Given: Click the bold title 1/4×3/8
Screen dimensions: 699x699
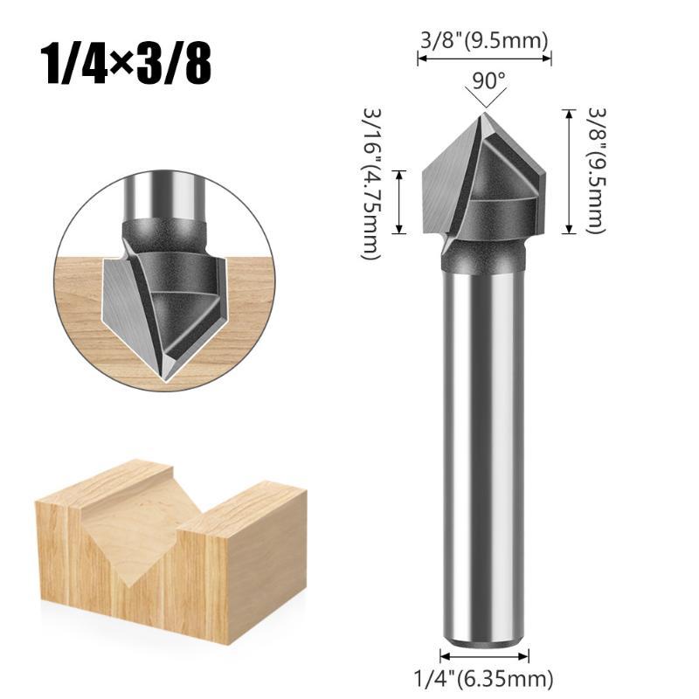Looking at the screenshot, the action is pos(126,64).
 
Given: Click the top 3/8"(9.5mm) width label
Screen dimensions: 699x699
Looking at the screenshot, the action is pos(484,40).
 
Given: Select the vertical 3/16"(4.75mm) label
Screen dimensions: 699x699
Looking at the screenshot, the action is pos(372,183).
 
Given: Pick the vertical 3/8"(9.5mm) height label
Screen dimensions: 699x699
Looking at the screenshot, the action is pos(597,170).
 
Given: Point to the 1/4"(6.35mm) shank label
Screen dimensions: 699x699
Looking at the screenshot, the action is pos(484,679).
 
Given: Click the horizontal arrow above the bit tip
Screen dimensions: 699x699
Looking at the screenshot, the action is pos(484,59).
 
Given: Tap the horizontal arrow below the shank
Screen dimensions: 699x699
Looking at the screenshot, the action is pos(484,656).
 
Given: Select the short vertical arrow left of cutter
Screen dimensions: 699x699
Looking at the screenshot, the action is pos(399,202).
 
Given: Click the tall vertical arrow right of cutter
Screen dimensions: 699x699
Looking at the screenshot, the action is pos(569,171).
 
